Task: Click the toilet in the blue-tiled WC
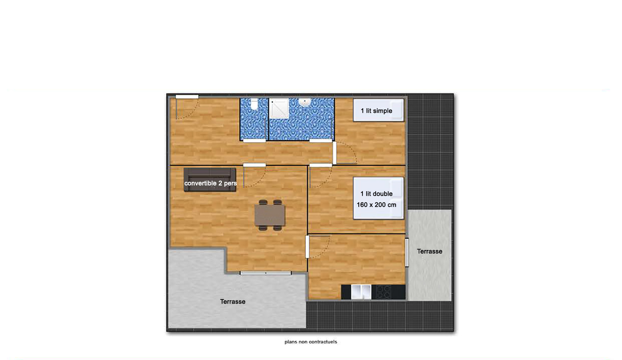(x=254, y=104)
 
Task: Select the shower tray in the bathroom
(x=279, y=108)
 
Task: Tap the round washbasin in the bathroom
(x=305, y=102)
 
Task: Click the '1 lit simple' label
(x=376, y=111)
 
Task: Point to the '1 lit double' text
(x=376, y=194)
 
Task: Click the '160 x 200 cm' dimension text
(x=376, y=205)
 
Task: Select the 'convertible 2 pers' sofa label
(x=210, y=183)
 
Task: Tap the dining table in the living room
(x=270, y=215)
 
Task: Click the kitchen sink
(x=361, y=292)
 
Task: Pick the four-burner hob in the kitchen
(x=384, y=292)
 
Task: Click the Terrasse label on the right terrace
(x=430, y=251)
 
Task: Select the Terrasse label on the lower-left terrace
(x=233, y=302)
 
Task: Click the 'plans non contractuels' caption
(x=311, y=342)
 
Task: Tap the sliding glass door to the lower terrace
(x=266, y=273)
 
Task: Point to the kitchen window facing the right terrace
(x=407, y=252)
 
